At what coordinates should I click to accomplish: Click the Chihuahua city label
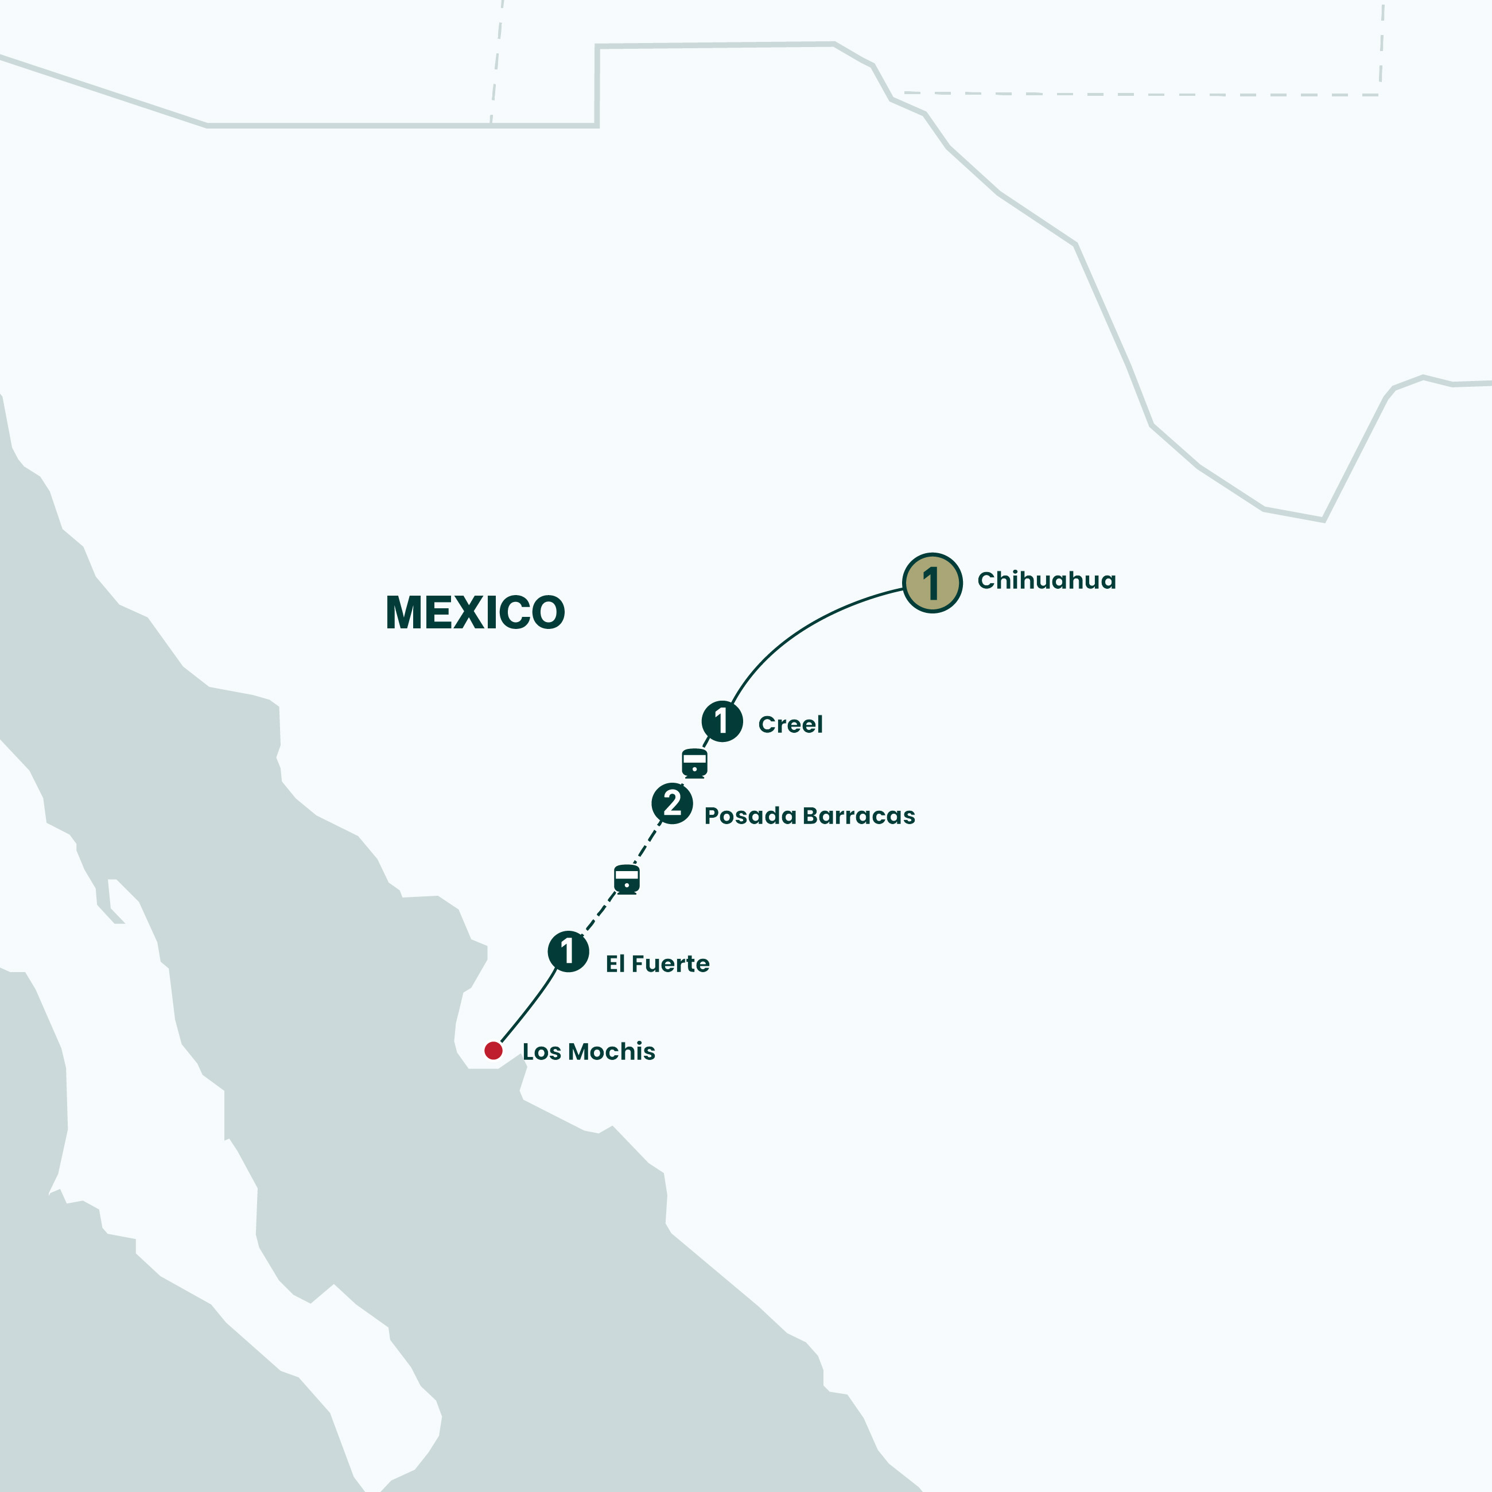(x=1046, y=581)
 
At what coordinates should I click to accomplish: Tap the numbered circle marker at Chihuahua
(x=932, y=583)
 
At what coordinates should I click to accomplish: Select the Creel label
(x=790, y=724)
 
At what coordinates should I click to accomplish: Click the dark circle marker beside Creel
(x=722, y=721)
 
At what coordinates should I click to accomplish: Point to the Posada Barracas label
(x=809, y=815)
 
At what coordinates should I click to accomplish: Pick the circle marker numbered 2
(x=672, y=803)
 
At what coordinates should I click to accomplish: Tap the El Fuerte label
(x=657, y=964)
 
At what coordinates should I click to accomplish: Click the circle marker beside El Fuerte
(x=568, y=951)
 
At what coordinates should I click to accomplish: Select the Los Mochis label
(x=588, y=1051)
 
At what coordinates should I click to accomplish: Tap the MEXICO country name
(x=475, y=613)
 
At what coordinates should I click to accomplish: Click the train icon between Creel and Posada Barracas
(x=694, y=763)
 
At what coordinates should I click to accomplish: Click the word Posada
(x=749, y=815)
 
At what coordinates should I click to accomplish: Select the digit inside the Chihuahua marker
(x=931, y=583)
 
